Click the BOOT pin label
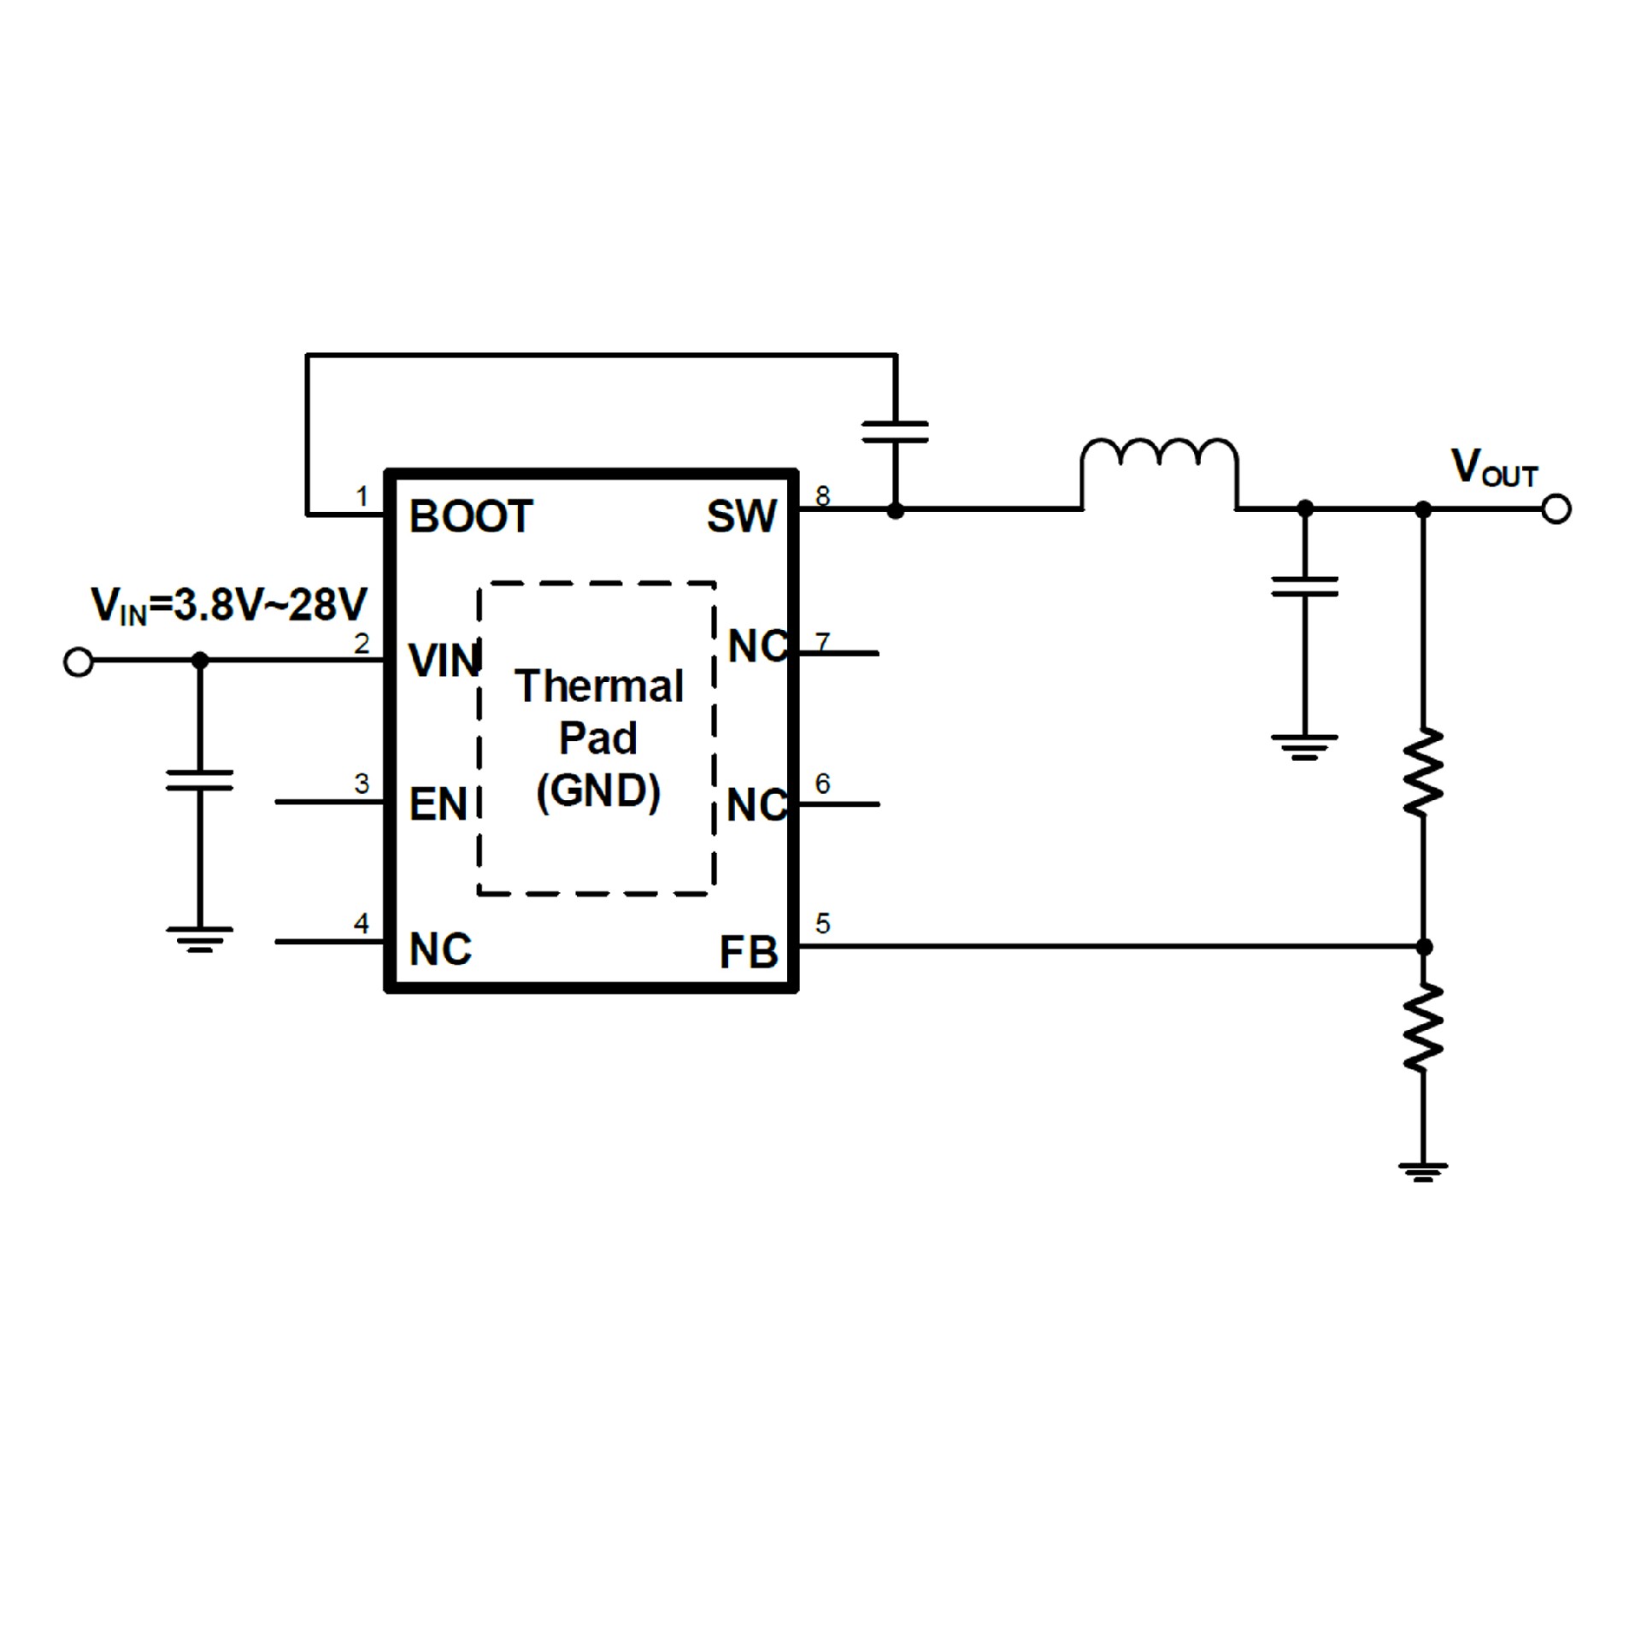pyautogui.click(x=471, y=517)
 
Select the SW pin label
pyautogui.click(x=741, y=517)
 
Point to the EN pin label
pyautogui.click(x=438, y=804)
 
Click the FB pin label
pyautogui.click(x=748, y=952)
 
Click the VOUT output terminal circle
pyautogui.click(x=1556, y=509)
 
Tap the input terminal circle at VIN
pyautogui.click(x=79, y=662)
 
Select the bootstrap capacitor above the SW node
pyautogui.click(x=895, y=432)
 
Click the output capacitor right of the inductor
pyautogui.click(x=1304, y=586)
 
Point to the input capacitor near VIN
pyautogui.click(x=199, y=779)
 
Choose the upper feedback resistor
pyautogui.click(x=1423, y=772)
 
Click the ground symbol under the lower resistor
pyautogui.click(x=1423, y=1171)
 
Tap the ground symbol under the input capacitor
pyautogui.click(x=199, y=938)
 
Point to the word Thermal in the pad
pyautogui.click(x=598, y=686)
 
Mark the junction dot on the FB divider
pyautogui.click(x=1424, y=947)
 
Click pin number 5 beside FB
pyautogui.click(x=822, y=923)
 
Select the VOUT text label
pyautogui.click(x=1494, y=468)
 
